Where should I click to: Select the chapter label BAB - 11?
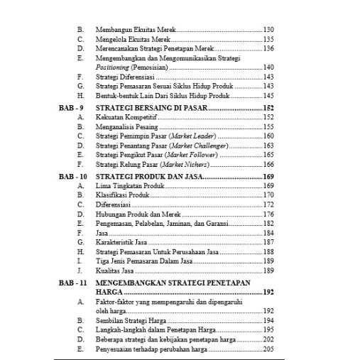pyautogui.click(x=72, y=281)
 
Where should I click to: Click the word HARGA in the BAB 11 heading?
pyautogui.click(x=109, y=291)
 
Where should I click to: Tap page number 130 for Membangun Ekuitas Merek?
pyautogui.click(x=268, y=30)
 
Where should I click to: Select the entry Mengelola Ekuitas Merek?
pyautogui.click(x=133, y=39)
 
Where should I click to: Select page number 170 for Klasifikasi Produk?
pyautogui.click(x=268, y=194)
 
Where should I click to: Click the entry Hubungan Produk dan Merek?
pyautogui.click(x=135, y=213)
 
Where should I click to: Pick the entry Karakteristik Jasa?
pyautogui.click(x=124, y=242)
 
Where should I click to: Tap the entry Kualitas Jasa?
pyautogui.click(x=114, y=271)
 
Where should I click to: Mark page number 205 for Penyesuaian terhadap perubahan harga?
pyautogui.click(x=268, y=349)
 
